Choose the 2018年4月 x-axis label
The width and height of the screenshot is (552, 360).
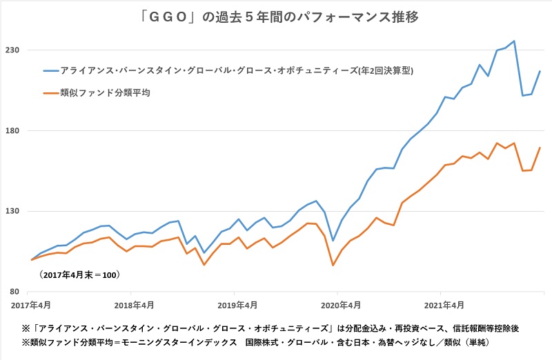click(x=132, y=304)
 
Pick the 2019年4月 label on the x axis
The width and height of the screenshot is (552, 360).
click(x=235, y=304)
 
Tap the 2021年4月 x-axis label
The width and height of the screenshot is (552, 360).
click(x=442, y=304)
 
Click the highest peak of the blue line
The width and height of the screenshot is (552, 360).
click(x=514, y=41)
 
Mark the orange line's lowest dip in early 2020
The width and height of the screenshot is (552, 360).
click(x=333, y=266)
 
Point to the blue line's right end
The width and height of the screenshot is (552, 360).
click(x=540, y=71)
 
